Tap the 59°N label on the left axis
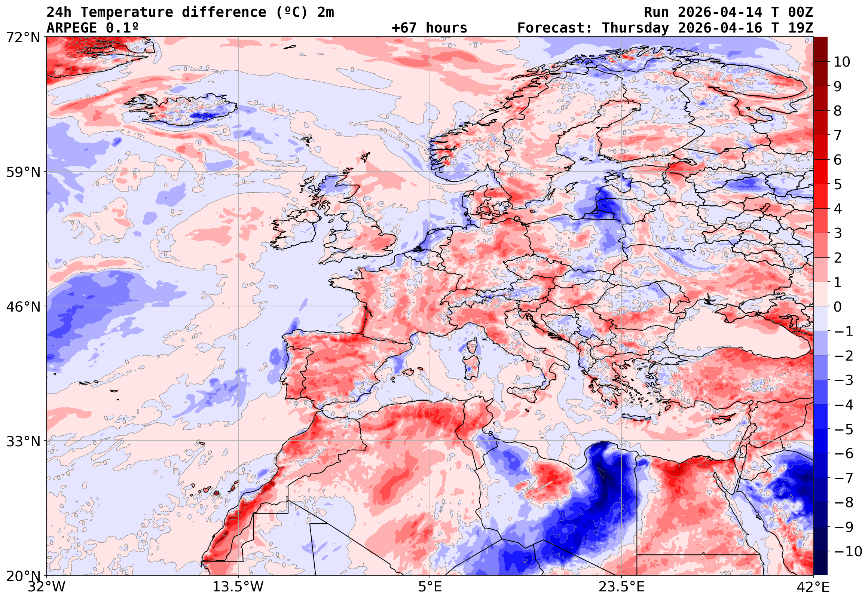[23, 172]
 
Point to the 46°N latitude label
[23, 307]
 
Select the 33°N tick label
[23, 441]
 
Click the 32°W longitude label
[46, 587]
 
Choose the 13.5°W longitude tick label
[238, 587]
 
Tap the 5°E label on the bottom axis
[430, 587]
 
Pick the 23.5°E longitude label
[621, 587]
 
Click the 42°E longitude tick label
[813, 587]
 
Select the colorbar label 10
[842, 62]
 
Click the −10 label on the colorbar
[847, 551]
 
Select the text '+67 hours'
[429, 28]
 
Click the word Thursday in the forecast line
[635, 28]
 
